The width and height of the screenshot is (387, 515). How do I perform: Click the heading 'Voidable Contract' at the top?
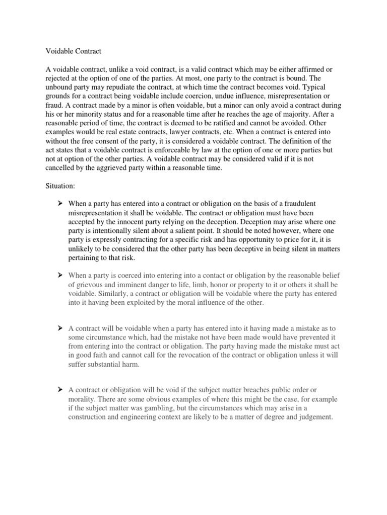tap(74, 51)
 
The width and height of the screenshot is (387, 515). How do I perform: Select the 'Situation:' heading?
tap(60, 186)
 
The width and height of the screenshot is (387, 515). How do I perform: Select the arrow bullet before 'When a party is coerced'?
tap(60, 276)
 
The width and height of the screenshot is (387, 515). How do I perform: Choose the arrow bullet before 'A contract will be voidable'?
tap(60, 328)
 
